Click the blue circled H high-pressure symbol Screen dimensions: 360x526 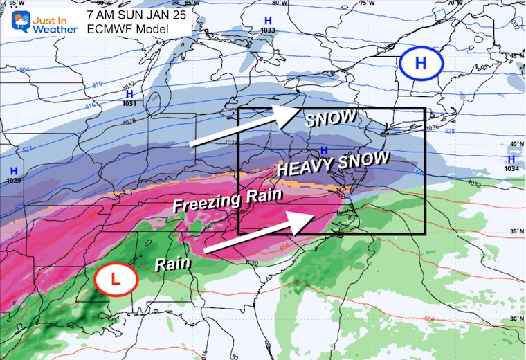(420, 63)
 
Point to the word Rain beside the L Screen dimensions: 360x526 (169, 264)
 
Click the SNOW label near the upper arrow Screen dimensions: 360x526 (332, 118)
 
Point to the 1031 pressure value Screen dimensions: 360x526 (129, 103)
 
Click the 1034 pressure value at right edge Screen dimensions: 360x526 (512, 169)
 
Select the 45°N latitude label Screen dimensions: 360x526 (516, 56)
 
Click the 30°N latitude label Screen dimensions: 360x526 (515, 319)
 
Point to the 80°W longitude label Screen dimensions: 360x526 (279, 3)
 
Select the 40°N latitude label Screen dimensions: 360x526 (516, 144)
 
